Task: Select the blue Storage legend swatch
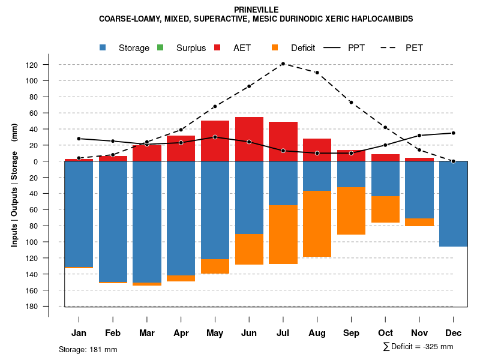coord(103,48)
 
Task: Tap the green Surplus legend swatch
coord(160,48)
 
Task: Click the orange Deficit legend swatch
coord(275,48)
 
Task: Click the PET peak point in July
coord(283,64)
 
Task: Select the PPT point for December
coord(454,133)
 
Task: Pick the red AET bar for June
coord(249,139)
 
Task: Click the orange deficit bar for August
coord(317,223)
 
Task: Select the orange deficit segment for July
coord(283,235)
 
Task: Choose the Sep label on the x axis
coord(351,333)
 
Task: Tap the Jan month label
coord(79,333)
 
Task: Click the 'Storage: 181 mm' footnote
coord(88,349)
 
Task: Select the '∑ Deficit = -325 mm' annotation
coord(418,347)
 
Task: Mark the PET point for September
coord(351,103)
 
